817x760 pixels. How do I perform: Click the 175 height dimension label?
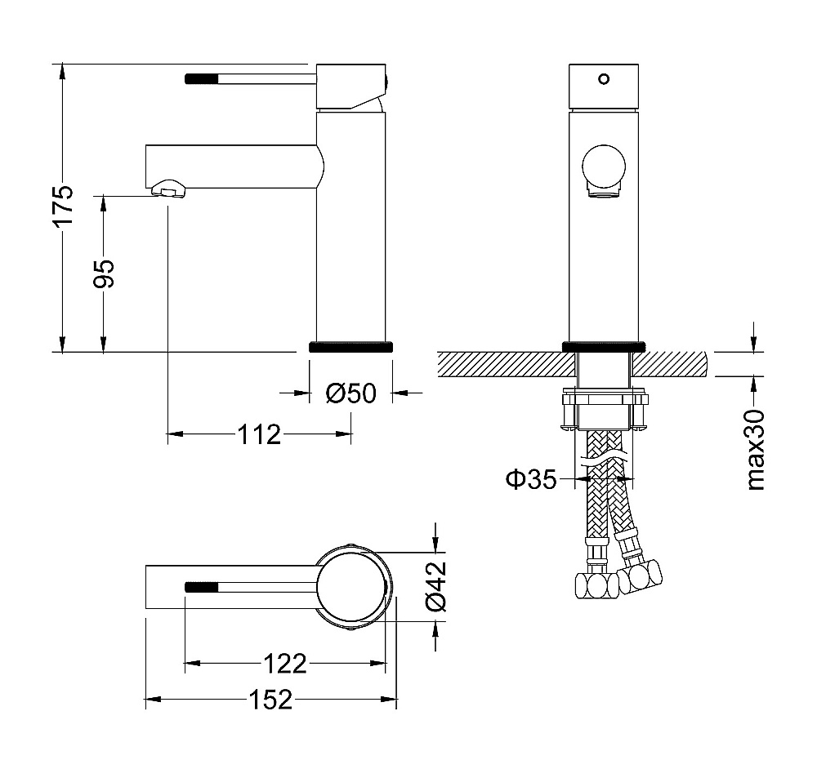coord(63,205)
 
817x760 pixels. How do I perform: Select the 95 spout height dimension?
coord(103,273)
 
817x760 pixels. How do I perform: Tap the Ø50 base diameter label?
coord(350,393)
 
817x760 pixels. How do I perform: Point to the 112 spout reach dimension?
coord(259,434)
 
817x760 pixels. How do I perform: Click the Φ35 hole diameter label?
coord(531,479)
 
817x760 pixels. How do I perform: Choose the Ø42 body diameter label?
coord(435,586)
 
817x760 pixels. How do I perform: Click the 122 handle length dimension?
coord(284,664)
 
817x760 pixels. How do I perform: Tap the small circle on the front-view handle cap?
coord(604,79)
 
